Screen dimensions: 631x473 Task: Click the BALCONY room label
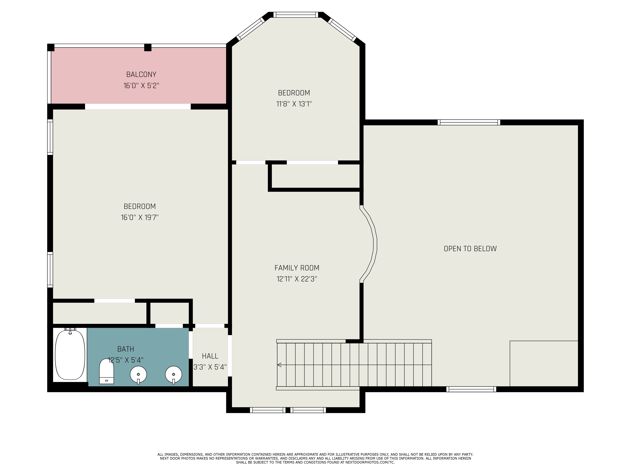141,74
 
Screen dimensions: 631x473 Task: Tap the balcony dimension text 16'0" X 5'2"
141,85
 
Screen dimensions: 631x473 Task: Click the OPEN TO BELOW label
470,249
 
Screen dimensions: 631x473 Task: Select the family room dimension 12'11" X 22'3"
297,279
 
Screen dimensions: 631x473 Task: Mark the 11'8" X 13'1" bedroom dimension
294,104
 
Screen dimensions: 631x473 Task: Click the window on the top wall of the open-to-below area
469,122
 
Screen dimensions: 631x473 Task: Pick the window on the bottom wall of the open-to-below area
471,389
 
